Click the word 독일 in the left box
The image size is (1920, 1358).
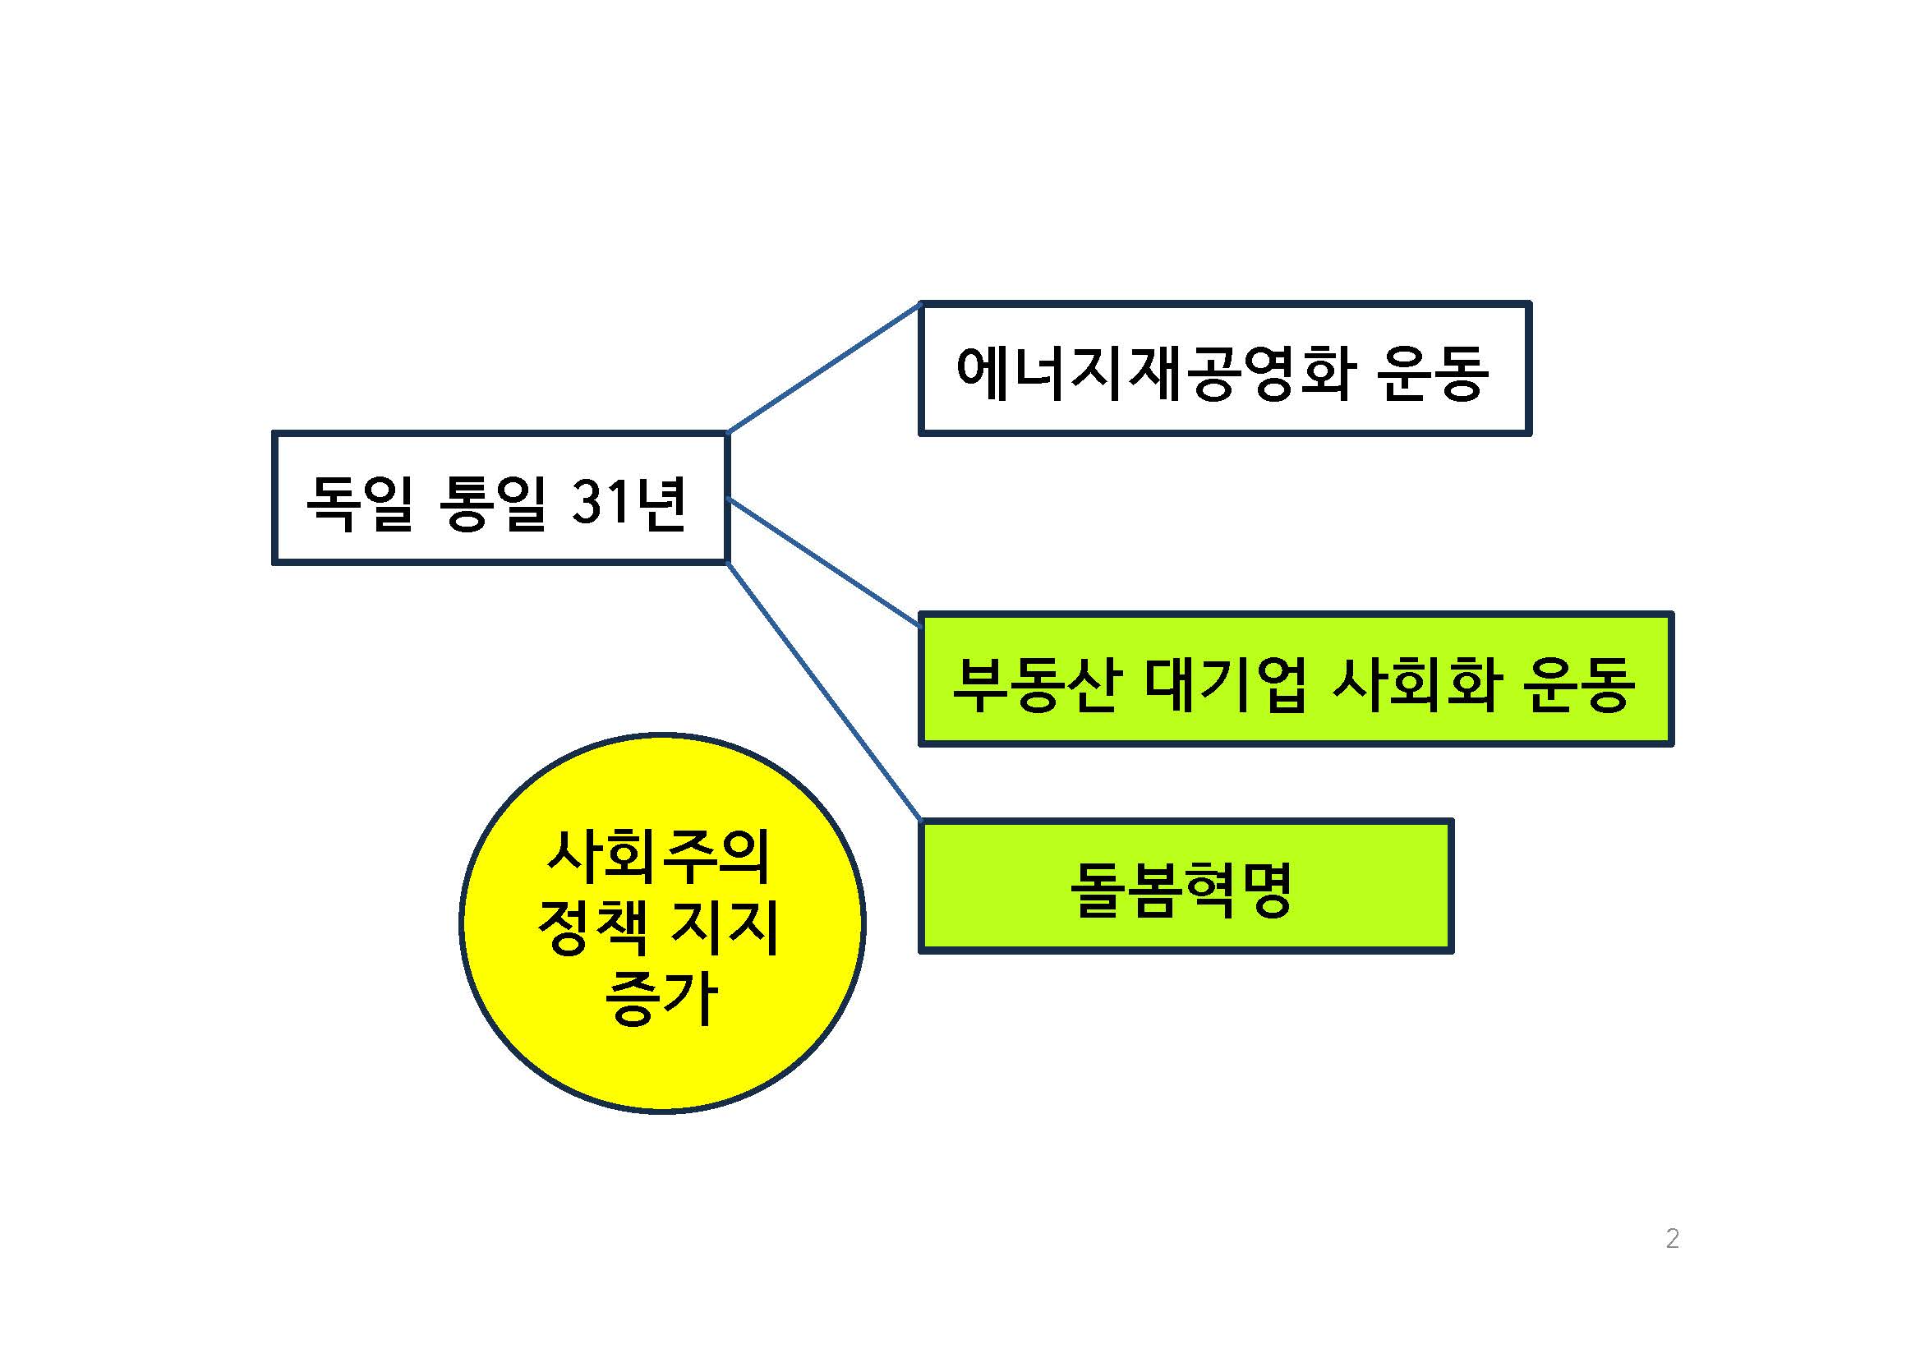(x=359, y=504)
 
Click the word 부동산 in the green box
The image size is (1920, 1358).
(x=1035, y=684)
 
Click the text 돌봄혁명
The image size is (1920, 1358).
(x=1181, y=890)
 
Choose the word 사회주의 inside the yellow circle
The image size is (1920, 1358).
(x=658, y=856)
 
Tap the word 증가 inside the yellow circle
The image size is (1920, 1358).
(x=661, y=997)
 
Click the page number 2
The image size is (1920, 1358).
(x=1672, y=1238)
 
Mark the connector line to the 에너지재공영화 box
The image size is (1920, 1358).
(x=824, y=369)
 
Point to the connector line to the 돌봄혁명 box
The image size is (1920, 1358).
(x=824, y=692)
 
